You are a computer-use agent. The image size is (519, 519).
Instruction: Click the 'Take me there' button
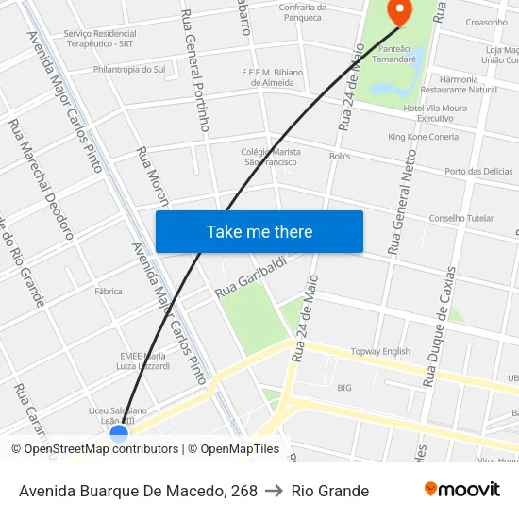coord(259,231)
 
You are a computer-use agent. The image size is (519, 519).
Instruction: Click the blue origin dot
coord(119,434)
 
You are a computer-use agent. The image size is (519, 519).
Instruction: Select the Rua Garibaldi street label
coord(250,279)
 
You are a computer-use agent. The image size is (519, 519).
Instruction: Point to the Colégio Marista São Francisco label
coord(271,157)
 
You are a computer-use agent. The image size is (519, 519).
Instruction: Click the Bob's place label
coord(340,156)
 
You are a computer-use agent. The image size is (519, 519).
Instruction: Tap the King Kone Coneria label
coord(423,137)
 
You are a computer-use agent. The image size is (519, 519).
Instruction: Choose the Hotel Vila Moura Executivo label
coord(435,113)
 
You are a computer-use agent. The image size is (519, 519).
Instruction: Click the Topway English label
coord(380,351)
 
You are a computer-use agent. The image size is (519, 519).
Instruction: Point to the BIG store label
coord(344,388)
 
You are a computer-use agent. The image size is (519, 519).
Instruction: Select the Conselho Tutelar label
coord(460,218)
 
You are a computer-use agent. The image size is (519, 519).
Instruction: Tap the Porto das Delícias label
coord(478,171)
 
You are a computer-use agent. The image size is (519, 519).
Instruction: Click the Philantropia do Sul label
coord(129,69)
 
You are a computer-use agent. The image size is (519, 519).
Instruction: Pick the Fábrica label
coord(109,292)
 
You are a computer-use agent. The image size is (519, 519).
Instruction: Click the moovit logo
coord(461,490)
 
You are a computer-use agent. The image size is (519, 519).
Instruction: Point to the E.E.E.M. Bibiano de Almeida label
coord(272,76)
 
